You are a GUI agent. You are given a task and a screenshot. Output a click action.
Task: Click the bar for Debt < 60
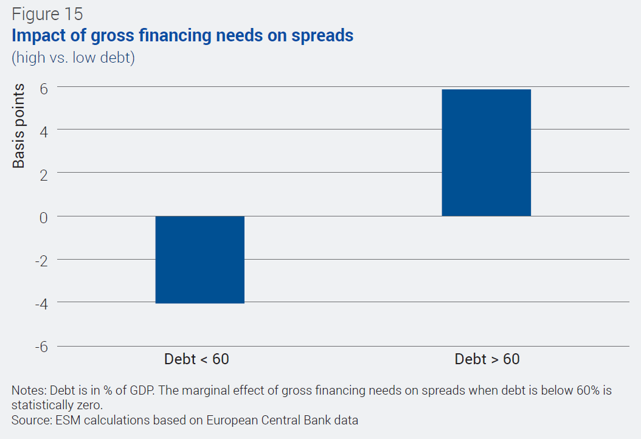coord(199,260)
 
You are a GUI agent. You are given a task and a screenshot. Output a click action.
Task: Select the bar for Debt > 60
coord(487,153)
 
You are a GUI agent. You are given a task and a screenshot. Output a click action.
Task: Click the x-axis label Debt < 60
coord(196,359)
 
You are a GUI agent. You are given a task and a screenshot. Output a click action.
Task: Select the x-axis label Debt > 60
coord(487,359)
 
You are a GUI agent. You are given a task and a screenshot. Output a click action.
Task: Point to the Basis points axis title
coord(19,126)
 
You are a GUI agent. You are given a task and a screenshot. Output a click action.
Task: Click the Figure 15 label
coord(47,14)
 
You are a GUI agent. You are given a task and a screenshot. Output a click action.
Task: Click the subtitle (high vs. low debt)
coord(73,58)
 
